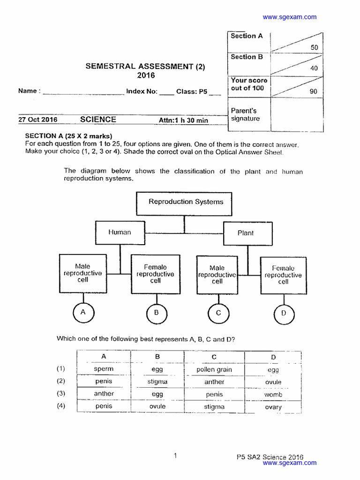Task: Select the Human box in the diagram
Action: pyautogui.click(x=120, y=232)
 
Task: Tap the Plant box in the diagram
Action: pyautogui.click(x=245, y=233)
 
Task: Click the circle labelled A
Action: pyautogui.click(x=83, y=312)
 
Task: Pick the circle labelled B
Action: pyautogui.click(x=156, y=313)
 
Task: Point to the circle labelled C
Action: pyautogui.click(x=218, y=313)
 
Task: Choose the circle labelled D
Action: pyautogui.click(x=283, y=314)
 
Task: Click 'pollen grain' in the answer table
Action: pyautogui.click(x=214, y=369)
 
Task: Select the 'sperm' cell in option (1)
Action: pyautogui.click(x=104, y=369)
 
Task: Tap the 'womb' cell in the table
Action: pyautogui.click(x=273, y=395)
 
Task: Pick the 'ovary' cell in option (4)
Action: pyautogui.click(x=273, y=407)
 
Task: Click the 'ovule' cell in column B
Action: pyautogui.click(x=157, y=406)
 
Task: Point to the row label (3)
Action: pyautogui.click(x=61, y=393)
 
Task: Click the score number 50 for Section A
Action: pyautogui.click(x=314, y=47)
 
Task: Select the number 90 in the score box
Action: pyautogui.click(x=313, y=91)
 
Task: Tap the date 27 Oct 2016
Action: pyautogui.click(x=38, y=120)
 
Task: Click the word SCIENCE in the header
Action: pyautogui.click(x=98, y=120)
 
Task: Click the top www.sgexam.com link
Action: pyautogui.click(x=289, y=17)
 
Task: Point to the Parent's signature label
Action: pyautogui.click(x=245, y=115)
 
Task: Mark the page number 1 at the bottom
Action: pyautogui.click(x=175, y=455)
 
